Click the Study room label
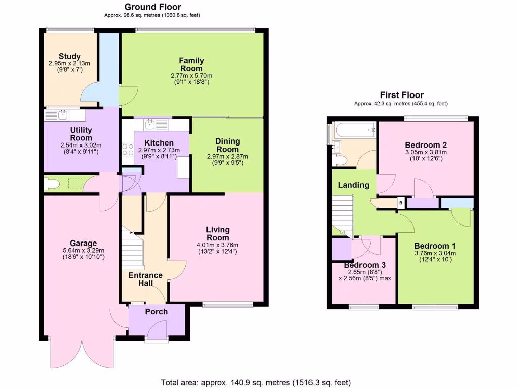[70, 56]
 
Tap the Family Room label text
[191, 65]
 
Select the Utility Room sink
[63, 115]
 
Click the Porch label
[156, 312]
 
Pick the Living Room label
[218, 234]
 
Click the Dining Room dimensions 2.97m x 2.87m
[228, 157]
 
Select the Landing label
[353, 185]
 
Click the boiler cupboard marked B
[401, 203]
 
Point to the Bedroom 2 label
[426, 144]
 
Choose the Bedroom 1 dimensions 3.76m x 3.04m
[435, 253]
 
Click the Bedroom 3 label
[365, 265]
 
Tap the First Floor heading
[401, 95]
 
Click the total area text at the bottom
[255, 382]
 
